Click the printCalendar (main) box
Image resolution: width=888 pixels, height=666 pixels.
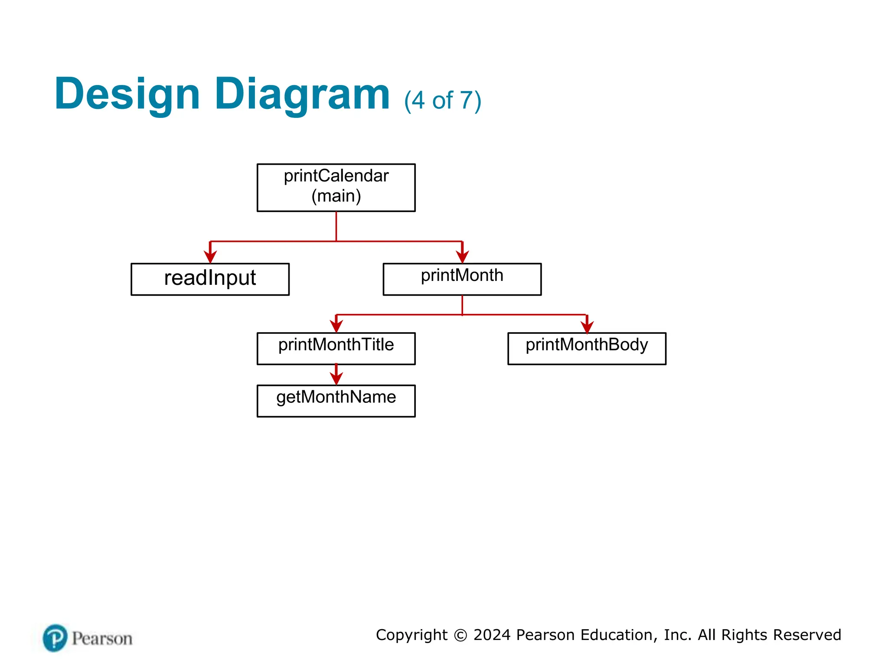(336, 187)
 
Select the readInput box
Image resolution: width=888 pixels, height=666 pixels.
(210, 279)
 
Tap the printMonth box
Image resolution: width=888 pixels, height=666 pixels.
(462, 279)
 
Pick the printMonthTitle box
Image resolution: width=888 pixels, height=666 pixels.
(336, 348)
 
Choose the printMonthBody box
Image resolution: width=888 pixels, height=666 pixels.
(587, 348)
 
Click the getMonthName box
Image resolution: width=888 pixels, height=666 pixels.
(336, 401)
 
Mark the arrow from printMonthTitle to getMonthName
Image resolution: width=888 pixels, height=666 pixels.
(336, 375)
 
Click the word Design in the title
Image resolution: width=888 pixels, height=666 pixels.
(127, 94)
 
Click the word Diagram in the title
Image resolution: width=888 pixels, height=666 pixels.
(302, 94)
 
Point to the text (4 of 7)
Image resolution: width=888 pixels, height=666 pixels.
(442, 101)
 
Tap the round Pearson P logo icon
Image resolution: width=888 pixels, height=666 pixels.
(55, 638)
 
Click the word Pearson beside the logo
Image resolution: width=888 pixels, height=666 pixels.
(102, 639)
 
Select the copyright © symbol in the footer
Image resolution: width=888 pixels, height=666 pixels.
(460, 635)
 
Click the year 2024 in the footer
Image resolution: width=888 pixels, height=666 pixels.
(492, 635)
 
